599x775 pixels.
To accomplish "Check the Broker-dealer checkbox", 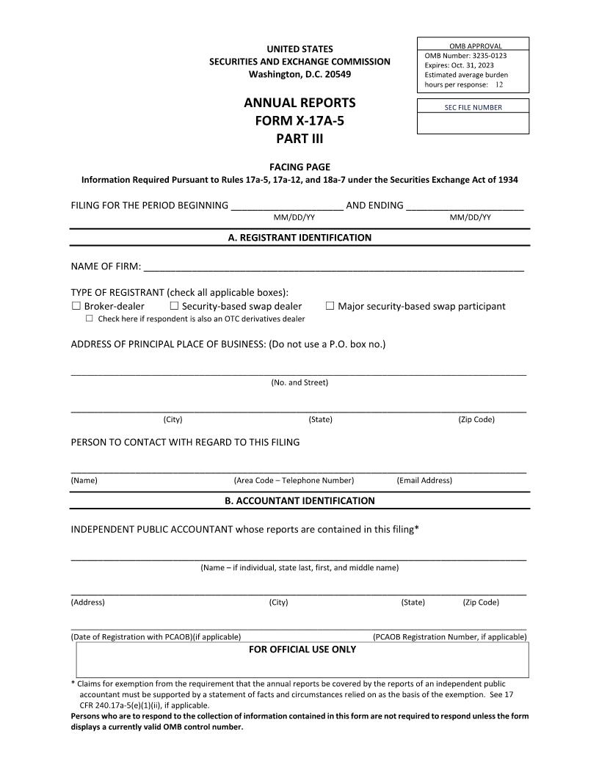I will point(76,306).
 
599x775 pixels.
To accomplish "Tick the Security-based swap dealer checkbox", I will point(174,306).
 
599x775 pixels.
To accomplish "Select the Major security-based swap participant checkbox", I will point(330,306).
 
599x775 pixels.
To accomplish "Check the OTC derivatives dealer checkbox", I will point(90,319).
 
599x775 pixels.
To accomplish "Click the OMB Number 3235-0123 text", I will point(465,56).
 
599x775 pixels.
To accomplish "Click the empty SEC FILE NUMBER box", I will point(473,123).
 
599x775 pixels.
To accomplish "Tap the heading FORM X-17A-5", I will point(299,120).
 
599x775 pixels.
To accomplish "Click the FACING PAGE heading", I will point(299,167).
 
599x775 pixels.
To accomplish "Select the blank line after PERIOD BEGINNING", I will point(287,207).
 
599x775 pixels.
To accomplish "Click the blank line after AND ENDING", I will point(465,207).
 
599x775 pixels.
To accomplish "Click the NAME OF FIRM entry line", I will point(333,267).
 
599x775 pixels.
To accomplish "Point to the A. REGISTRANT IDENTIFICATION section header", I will point(299,238).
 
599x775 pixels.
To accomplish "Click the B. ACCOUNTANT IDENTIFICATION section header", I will point(299,501).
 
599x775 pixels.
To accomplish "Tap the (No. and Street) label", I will point(299,382).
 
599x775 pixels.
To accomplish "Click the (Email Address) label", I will point(424,481).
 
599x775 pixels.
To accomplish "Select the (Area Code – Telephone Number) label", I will point(294,481).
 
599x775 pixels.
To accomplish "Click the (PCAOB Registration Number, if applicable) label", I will point(449,637).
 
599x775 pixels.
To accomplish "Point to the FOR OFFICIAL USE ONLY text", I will point(302,650).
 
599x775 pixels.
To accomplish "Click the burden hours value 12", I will point(499,84).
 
